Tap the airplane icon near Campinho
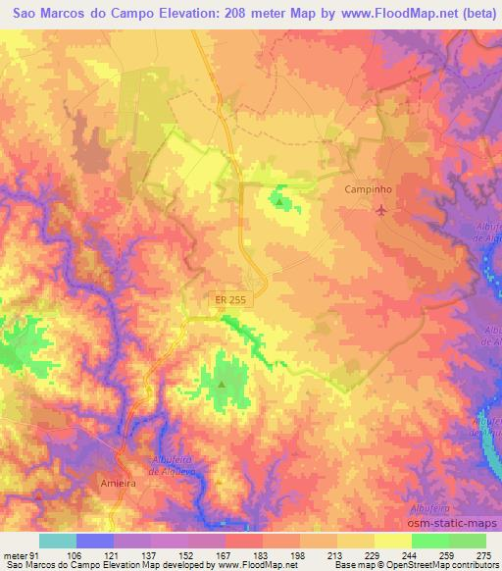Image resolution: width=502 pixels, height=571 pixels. (381, 210)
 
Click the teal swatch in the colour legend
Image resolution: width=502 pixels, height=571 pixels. (57, 541)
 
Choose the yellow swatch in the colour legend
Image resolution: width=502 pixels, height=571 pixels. (392, 541)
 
